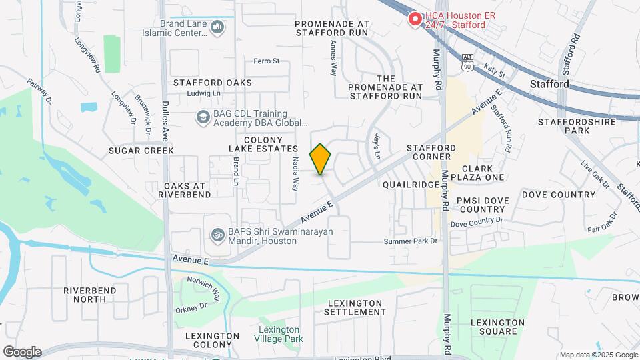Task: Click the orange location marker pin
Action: point(321,159)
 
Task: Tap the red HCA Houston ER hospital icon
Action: point(415,19)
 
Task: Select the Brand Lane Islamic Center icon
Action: point(217,27)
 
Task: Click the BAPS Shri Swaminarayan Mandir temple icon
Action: point(217,235)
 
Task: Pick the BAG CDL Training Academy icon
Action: point(202,118)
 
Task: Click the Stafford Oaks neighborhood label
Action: point(212,83)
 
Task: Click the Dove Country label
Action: point(558,195)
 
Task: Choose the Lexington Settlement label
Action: point(355,307)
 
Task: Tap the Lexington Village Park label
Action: point(279,334)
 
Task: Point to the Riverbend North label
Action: point(89,295)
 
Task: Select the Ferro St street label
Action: point(266,61)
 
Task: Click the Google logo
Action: point(22,352)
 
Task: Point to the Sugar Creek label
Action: point(141,151)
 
